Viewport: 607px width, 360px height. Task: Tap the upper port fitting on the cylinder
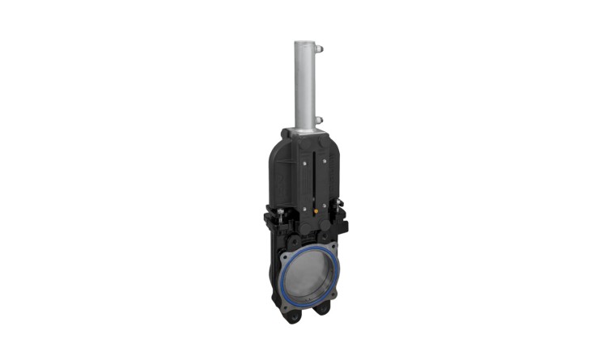(319, 49)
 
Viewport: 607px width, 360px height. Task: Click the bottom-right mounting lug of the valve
(324, 308)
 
